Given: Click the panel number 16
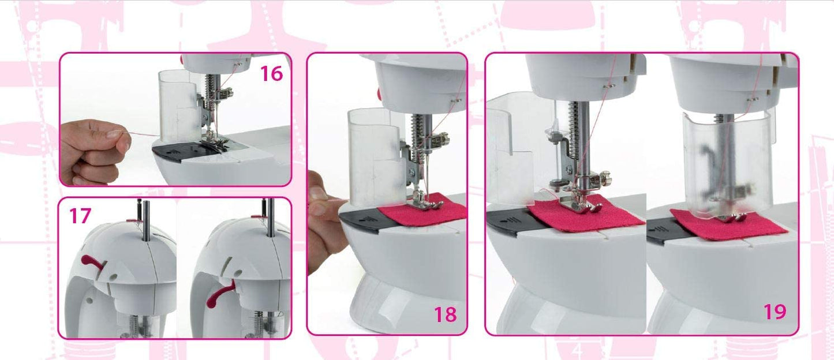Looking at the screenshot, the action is click(x=271, y=73).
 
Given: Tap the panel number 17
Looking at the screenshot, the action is click(x=80, y=216).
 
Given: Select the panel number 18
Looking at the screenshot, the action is click(x=446, y=314).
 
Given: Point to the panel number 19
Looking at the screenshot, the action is click(x=775, y=312).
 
